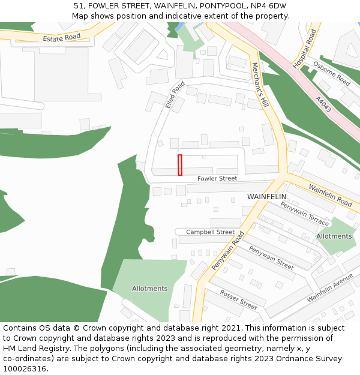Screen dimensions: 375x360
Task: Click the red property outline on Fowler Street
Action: (x=180, y=165)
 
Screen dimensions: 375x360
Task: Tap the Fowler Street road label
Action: (x=217, y=179)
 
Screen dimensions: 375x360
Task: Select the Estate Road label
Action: (x=61, y=38)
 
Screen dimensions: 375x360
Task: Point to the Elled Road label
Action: (x=175, y=95)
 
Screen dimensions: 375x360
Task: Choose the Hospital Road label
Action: (x=304, y=49)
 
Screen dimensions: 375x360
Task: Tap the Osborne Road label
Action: (x=331, y=73)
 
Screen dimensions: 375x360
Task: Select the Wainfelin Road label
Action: (x=330, y=196)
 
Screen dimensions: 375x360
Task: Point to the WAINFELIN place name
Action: (x=266, y=197)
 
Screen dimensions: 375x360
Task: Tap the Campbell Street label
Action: (x=210, y=232)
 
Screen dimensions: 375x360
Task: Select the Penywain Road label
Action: (x=229, y=251)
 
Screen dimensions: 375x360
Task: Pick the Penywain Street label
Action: (x=271, y=258)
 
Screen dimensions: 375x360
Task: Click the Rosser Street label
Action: (x=238, y=299)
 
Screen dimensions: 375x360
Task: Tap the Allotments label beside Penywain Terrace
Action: (x=334, y=236)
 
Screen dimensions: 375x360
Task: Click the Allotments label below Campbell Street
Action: (x=149, y=289)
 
